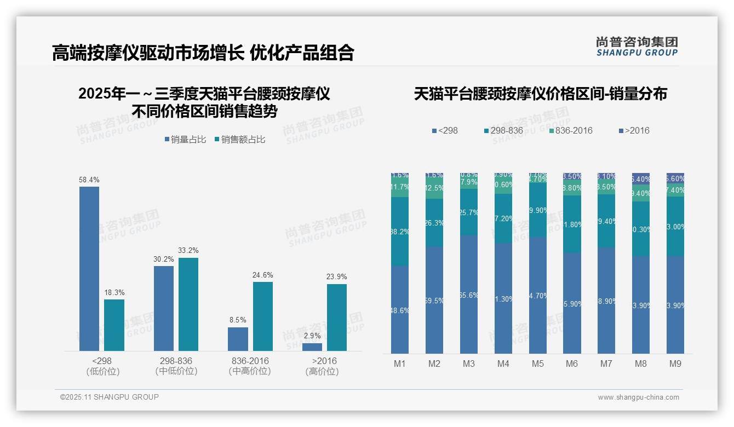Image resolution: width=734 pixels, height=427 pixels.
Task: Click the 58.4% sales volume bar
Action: (x=89, y=268)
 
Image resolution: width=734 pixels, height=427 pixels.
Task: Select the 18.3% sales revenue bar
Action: (x=114, y=325)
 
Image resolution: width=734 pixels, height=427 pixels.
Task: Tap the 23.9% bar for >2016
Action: (x=336, y=317)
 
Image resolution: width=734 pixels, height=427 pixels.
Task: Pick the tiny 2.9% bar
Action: (x=312, y=347)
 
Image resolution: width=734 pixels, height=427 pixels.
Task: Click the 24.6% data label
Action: (x=262, y=275)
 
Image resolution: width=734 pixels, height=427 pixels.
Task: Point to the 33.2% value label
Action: (x=188, y=251)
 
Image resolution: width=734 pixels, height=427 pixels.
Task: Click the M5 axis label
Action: (x=537, y=363)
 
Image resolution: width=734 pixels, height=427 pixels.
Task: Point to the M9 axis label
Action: (x=675, y=363)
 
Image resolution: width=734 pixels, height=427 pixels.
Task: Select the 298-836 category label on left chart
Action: (x=176, y=361)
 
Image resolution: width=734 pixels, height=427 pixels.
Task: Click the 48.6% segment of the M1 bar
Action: (x=400, y=310)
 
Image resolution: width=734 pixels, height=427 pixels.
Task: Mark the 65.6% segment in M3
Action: (x=468, y=295)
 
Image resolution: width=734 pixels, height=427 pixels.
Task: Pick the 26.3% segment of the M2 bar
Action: (x=434, y=223)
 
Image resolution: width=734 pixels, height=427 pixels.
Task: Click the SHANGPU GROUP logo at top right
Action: (x=637, y=46)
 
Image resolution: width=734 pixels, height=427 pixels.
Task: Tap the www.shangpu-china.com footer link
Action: (x=638, y=397)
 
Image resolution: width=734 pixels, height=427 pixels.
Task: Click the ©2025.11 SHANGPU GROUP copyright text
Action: (x=110, y=397)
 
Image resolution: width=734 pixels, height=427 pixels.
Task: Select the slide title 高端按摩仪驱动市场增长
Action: (x=148, y=53)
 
